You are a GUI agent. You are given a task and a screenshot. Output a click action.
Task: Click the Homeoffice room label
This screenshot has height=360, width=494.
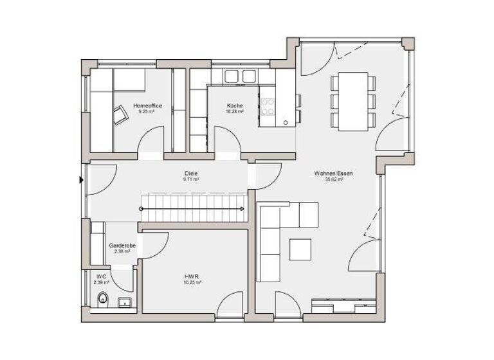pos(147,105)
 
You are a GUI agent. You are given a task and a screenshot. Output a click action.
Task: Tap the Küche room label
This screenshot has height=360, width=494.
pos(234,105)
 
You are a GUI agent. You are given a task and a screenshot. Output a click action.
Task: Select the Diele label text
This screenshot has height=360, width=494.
pos(190,173)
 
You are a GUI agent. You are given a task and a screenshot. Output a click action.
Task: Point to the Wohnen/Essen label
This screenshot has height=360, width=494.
pos(333,173)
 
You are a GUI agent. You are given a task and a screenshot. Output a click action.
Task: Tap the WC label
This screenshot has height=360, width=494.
pos(101,276)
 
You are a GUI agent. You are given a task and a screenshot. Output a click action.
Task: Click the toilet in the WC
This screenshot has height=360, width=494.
pos(102,299)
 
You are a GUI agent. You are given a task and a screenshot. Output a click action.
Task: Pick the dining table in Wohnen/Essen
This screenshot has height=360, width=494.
pos(352,101)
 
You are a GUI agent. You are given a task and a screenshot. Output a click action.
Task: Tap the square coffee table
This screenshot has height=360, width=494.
pos(300,249)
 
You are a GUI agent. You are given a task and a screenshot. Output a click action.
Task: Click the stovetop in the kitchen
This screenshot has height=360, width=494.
pos(268,106)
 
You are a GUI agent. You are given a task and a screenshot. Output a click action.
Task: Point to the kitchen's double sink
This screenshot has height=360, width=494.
pos(239,76)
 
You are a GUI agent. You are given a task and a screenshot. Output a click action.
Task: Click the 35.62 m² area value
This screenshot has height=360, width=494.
pos(334,180)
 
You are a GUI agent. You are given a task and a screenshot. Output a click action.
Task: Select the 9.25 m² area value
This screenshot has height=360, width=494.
pos(147,111)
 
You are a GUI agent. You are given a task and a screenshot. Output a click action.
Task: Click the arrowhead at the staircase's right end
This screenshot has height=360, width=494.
pos(242,209)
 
